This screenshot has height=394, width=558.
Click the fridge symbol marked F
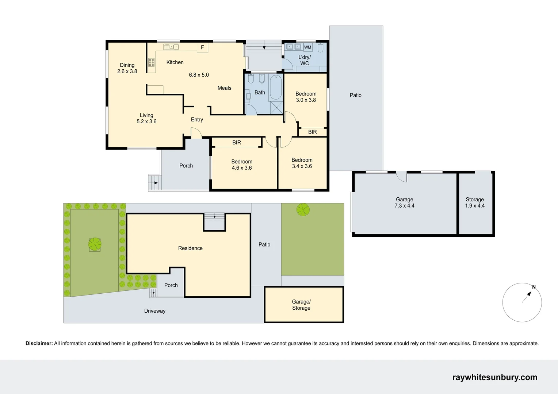pos(202,47)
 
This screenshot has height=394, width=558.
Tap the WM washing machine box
pos(307,47)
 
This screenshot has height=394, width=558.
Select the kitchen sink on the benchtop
pos(171,47)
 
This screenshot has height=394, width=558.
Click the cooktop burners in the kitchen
pos(151,62)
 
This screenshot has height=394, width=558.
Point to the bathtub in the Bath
pos(275,88)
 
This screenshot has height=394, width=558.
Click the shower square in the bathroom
pos(276,108)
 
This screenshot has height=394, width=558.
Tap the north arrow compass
pos(522,302)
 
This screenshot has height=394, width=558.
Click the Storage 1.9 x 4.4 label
pos(474,202)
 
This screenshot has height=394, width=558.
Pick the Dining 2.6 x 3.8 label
pos(127,68)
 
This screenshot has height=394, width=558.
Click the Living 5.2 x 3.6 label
pos(146,118)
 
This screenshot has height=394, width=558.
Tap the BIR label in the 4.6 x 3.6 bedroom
pos(237,143)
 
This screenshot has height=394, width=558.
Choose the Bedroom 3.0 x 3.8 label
pos(306,97)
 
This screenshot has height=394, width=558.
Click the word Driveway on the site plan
pos(155,311)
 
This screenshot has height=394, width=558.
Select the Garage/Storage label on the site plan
pos(301,305)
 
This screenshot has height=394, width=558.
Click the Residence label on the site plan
pos(190,248)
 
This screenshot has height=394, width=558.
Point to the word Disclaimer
pos(39,343)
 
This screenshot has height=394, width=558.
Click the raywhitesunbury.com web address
pos(494,377)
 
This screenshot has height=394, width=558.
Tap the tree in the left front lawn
pos(95,244)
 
